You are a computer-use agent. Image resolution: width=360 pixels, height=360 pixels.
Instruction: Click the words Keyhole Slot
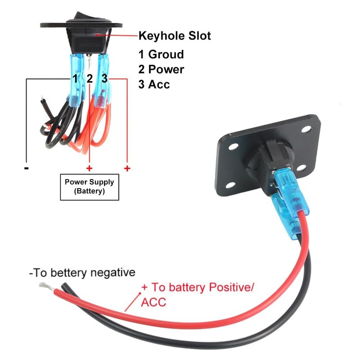(175, 36)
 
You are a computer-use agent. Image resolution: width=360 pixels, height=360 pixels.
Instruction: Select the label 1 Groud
(161, 55)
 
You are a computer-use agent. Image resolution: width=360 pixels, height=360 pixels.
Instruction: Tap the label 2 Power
(161, 69)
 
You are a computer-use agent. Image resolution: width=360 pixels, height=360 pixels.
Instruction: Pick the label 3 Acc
(154, 84)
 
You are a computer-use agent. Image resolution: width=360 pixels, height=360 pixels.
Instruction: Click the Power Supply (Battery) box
(90, 186)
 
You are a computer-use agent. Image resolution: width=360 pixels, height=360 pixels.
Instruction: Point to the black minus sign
(27, 168)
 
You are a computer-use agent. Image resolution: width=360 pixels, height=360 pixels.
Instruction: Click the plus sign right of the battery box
(127, 168)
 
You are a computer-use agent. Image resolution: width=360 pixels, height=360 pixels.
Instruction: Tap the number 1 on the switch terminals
(76, 79)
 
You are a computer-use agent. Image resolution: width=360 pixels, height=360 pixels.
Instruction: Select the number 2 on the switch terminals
(90, 79)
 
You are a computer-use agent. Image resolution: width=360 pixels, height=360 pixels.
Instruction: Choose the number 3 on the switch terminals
(104, 79)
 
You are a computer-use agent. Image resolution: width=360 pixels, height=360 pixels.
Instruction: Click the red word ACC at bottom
(153, 302)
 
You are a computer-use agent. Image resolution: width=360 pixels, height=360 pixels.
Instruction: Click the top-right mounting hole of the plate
(307, 130)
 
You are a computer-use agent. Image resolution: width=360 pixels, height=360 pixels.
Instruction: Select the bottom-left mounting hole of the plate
(229, 185)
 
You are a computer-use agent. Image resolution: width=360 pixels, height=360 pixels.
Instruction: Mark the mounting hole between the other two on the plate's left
(233, 147)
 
